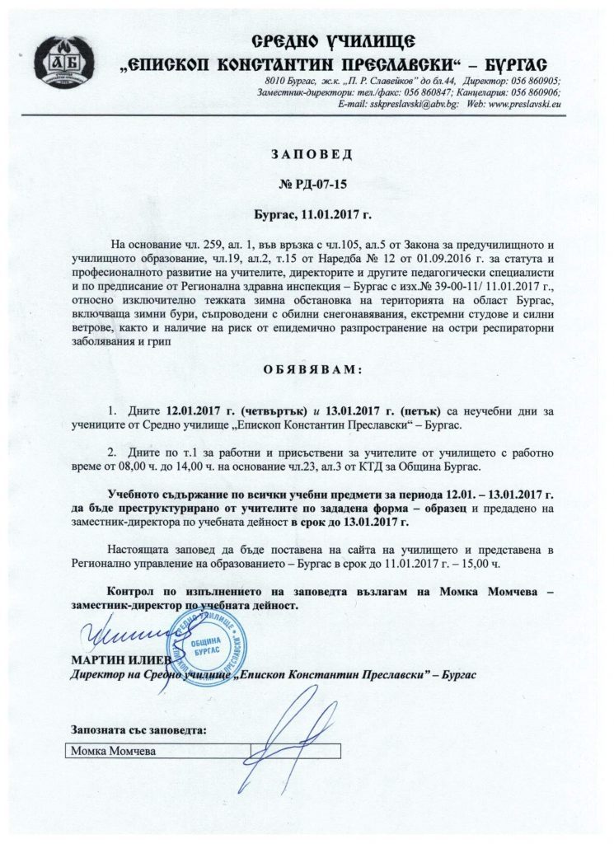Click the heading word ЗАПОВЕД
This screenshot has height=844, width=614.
307,153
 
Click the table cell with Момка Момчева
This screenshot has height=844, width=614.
157,751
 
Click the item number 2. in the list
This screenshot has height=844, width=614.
114,452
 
